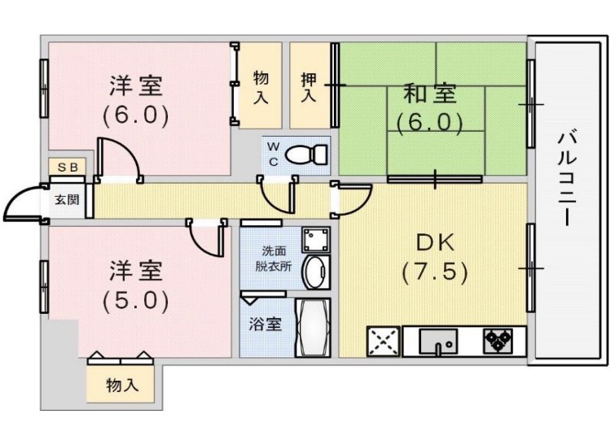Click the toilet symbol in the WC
(x=306, y=155)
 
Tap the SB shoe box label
(x=68, y=168)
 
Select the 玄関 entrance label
(x=67, y=200)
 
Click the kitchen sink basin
(x=437, y=342)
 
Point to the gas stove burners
(x=499, y=339)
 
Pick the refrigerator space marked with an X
(x=383, y=342)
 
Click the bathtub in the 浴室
(x=313, y=328)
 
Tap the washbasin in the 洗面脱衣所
(x=316, y=272)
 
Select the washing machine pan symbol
(x=316, y=240)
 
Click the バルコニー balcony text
(x=567, y=180)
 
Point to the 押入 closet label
(x=309, y=87)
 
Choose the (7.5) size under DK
(x=435, y=272)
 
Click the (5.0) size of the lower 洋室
(x=136, y=300)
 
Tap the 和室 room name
(x=430, y=94)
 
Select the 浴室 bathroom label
(x=266, y=325)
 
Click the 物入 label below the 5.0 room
(x=122, y=386)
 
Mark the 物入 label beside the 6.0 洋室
(x=261, y=87)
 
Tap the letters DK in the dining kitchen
(x=435, y=242)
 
